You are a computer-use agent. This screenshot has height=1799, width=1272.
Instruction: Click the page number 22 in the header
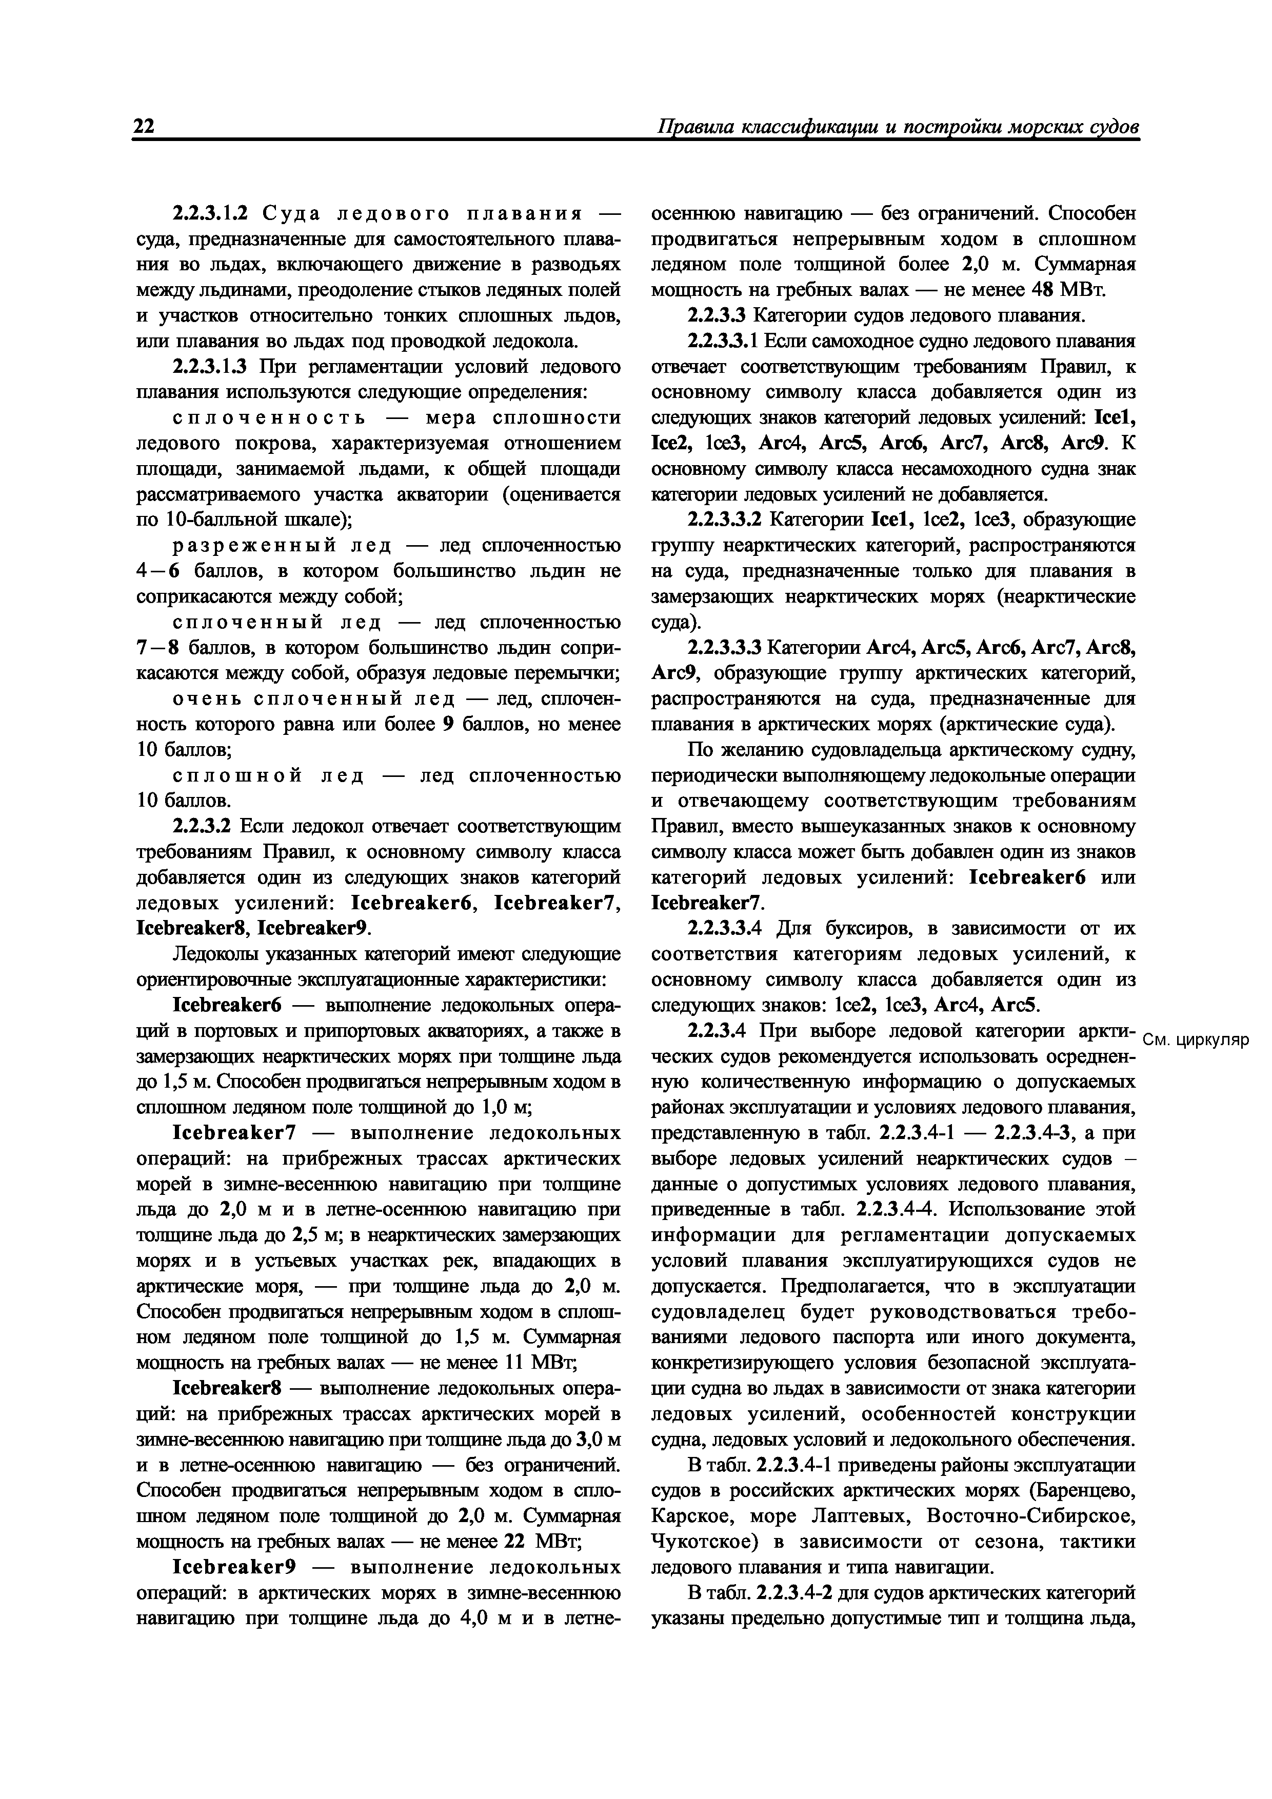144,127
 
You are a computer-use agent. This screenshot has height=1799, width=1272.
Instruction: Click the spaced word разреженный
249,545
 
